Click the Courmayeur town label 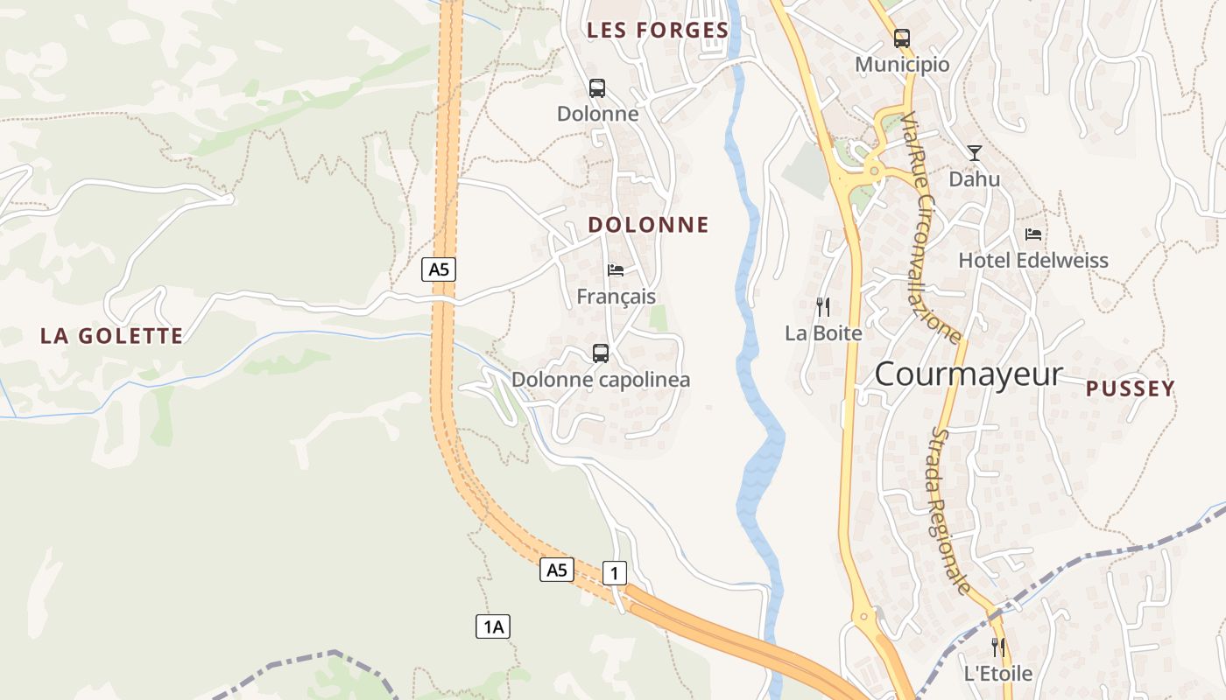(x=969, y=374)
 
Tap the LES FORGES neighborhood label (x=658, y=31)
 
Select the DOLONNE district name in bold (x=648, y=225)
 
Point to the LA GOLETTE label (x=112, y=336)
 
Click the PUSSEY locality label (x=1131, y=389)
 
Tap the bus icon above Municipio (x=901, y=38)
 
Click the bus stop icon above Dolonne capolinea (x=601, y=353)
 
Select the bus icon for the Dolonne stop (x=597, y=88)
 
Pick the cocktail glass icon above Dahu (x=975, y=154)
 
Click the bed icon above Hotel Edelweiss (x=1033, y=234)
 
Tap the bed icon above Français (x=616, y=270)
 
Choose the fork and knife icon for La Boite (x=822, y=307)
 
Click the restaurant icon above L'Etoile (x=997, y=647)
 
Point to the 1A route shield (x=493, y=626)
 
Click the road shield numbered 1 (x=615, y=574)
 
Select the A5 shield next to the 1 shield (x=557, y=570)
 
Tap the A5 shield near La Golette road (x=439, y=269)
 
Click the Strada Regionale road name (x=950, y=512)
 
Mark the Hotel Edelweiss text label (x=1033, y=261)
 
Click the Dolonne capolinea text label (x=601, y=380)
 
